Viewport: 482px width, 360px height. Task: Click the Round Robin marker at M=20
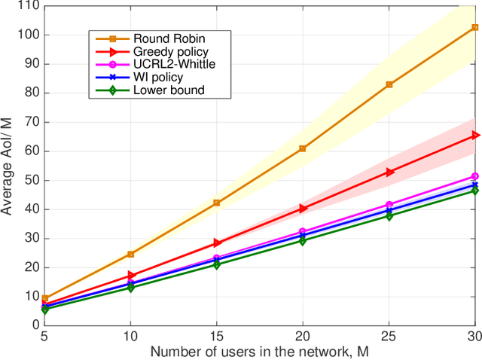[x=302, y=149]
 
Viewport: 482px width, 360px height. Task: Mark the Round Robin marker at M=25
[x=389, y=84]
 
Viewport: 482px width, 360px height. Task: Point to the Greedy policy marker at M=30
[x=475, y=135]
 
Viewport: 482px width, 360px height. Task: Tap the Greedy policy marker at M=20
[x=302, y=208]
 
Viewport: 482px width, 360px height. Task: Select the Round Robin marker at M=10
[x=130, y=254]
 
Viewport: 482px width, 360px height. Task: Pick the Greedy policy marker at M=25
[x=389, y=172]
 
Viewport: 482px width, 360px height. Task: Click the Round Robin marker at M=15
[x=216, y=203]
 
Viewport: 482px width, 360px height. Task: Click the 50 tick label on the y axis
[x=32, y=180]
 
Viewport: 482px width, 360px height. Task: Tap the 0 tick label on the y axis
[x=35, y=325]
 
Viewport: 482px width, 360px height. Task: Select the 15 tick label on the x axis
[x=216, y=337]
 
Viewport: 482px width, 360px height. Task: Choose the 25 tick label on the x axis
[x=389, y=337]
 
